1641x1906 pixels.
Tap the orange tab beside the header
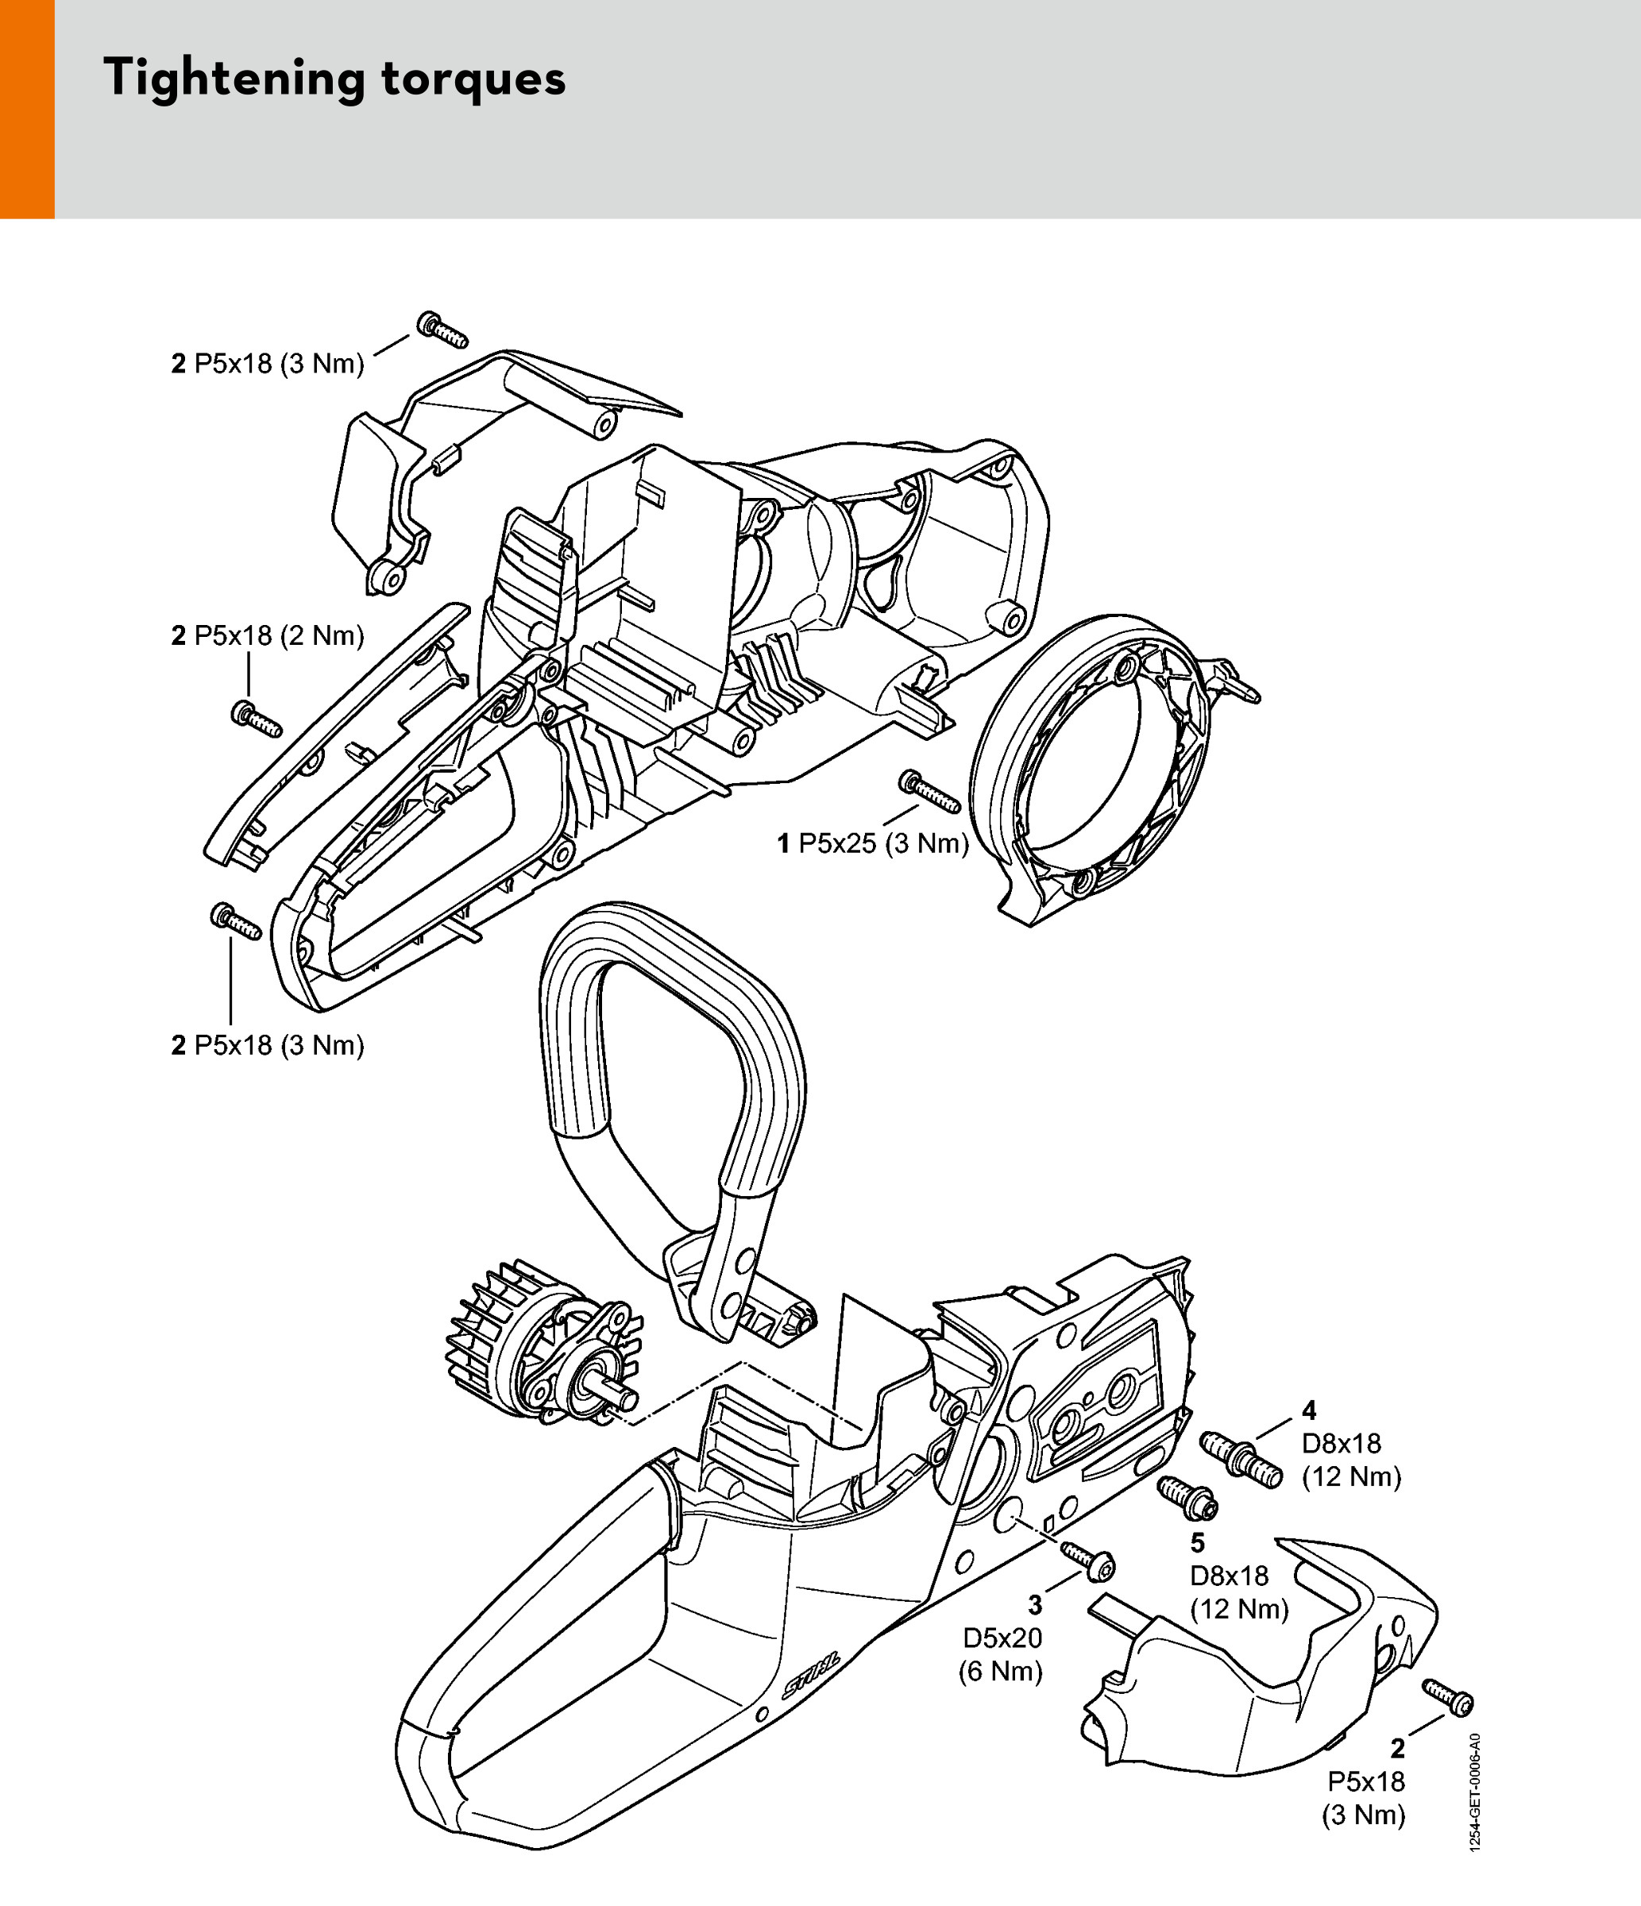(x=27, y=109)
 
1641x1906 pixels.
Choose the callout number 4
(x=1309, y=1410)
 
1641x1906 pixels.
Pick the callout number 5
(x=1198, y=1542)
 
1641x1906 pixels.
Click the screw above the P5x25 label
(x=929, y=790)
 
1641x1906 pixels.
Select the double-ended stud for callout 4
(x=1241, y=1460)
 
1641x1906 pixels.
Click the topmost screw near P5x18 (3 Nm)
(x=442, y=330)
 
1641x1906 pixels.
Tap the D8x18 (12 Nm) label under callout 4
(x=1351, y=1460)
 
